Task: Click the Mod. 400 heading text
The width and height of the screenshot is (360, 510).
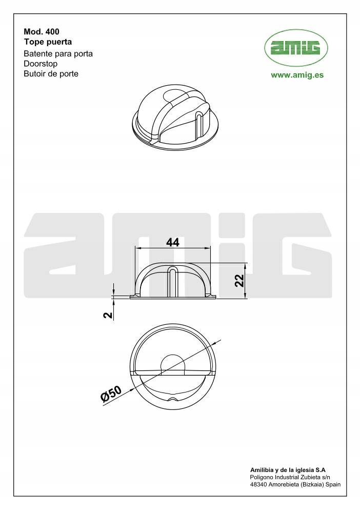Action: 42,31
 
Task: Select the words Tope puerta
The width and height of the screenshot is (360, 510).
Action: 48,42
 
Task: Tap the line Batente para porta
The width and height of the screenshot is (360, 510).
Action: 58,53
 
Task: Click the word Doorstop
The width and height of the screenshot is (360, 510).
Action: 41,64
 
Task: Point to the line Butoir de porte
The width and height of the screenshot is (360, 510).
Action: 51,73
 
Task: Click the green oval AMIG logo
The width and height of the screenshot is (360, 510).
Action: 296,48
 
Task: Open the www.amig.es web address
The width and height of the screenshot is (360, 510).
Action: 297,75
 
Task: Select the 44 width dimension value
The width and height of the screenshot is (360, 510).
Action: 173,242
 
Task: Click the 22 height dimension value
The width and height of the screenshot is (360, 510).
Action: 239,280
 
